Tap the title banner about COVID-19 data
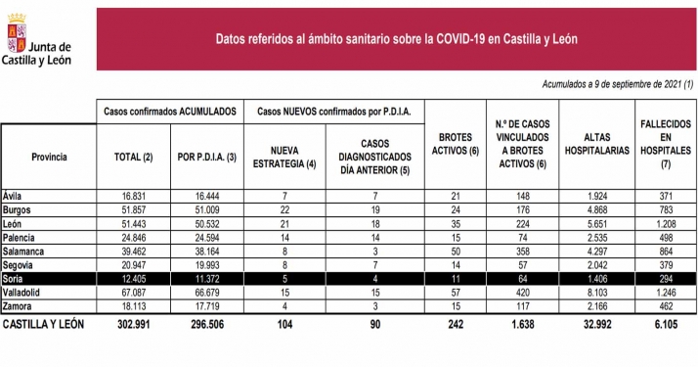396,39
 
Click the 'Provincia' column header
48,156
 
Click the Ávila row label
13,196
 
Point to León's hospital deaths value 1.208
665,223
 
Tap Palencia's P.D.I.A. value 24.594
205,237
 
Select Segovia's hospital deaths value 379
665,264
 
